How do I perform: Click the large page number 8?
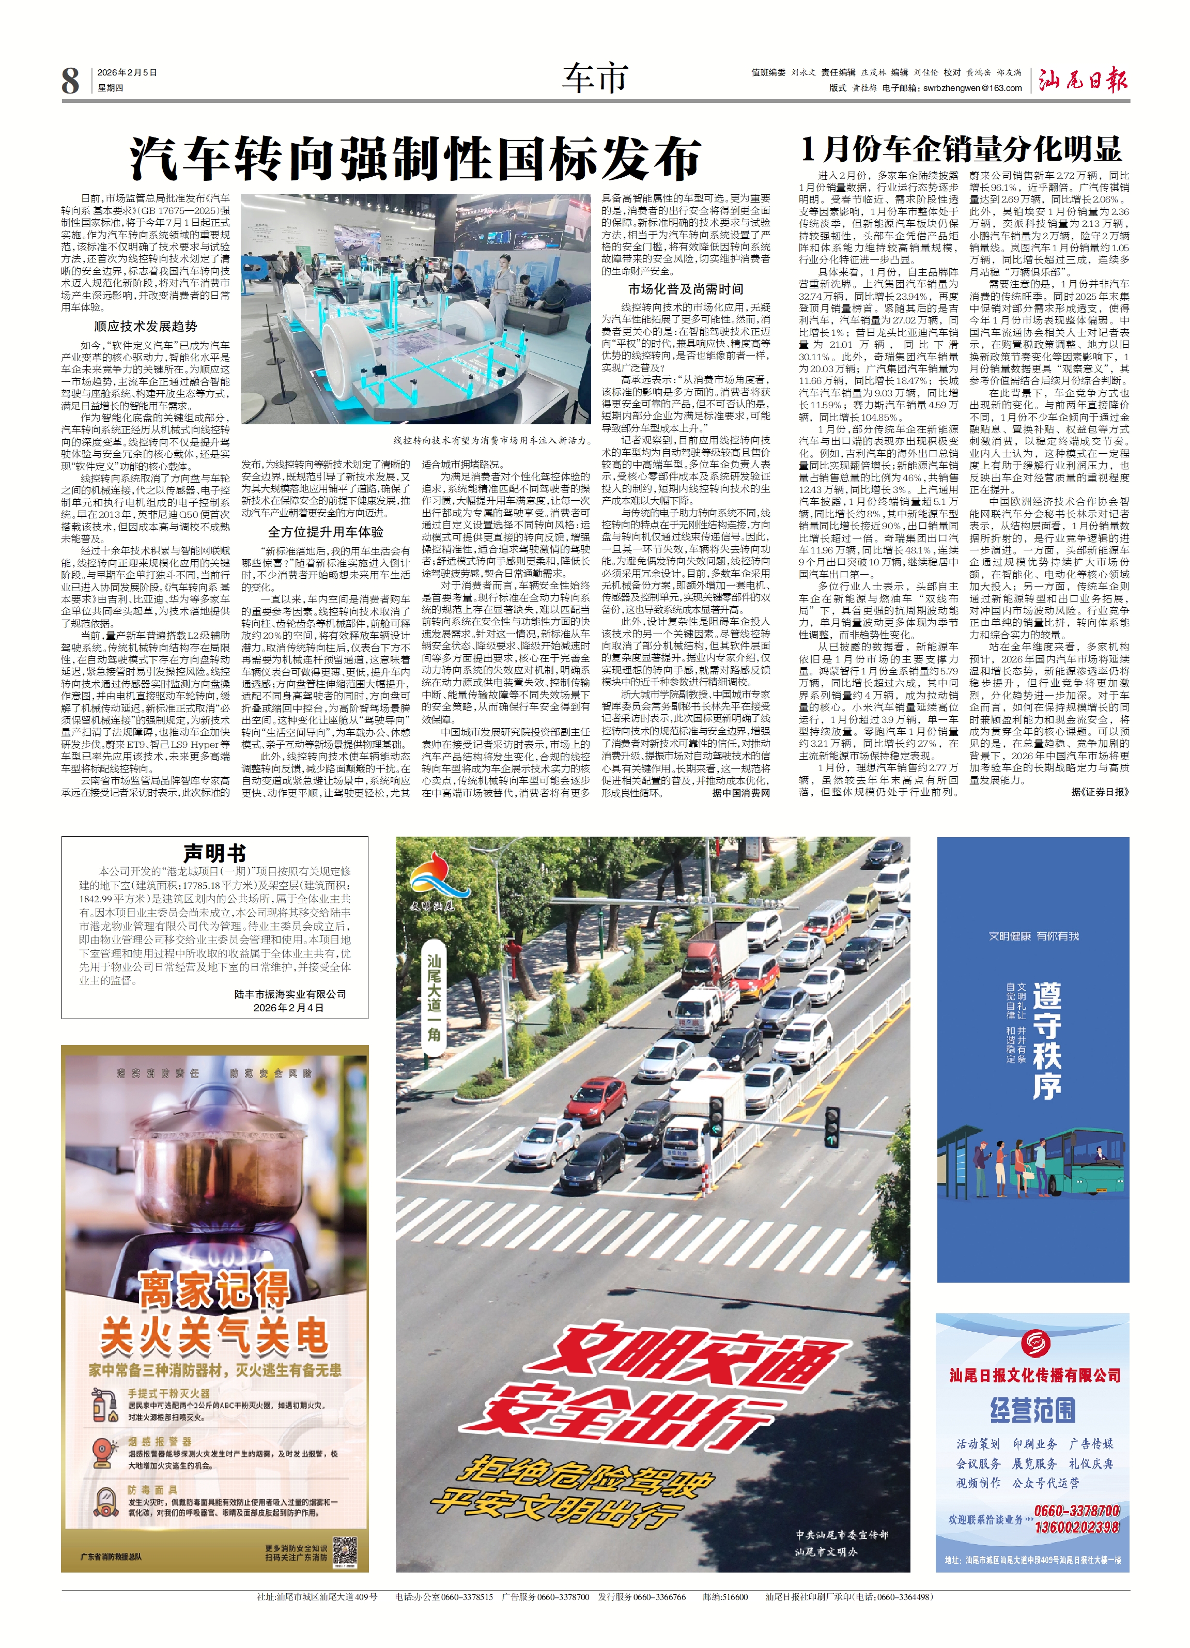click(x=70, y=80)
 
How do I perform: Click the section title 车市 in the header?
click(x=594, y=78)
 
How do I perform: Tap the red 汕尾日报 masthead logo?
click(x=1083, y=79)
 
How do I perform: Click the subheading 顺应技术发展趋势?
click(x=145, y=326)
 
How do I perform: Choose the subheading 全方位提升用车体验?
click(x=326, y=531)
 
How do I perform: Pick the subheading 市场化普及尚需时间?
click(x=685, y=288)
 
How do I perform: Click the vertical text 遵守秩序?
click(x=1046, y=1040)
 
